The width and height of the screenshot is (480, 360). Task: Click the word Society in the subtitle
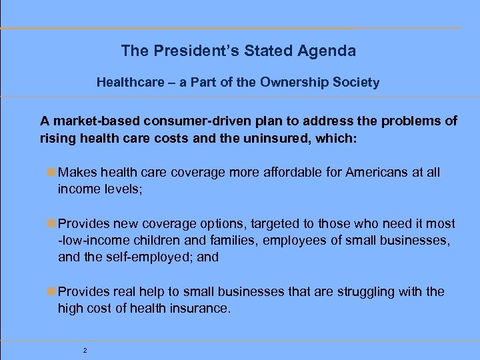pos(359,83)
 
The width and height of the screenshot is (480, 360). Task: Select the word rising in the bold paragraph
pos(56,138)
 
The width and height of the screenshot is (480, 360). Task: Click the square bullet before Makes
pos(52,173)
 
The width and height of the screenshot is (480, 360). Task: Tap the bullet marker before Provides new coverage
pos(52,224)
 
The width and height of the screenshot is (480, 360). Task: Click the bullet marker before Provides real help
pos(52,292)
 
